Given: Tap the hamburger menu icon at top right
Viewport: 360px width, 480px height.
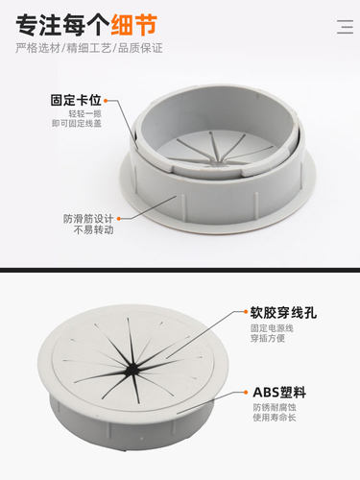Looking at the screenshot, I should (x=346, y=27).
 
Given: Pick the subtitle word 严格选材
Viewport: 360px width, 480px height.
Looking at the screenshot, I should (x=34, y=49).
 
